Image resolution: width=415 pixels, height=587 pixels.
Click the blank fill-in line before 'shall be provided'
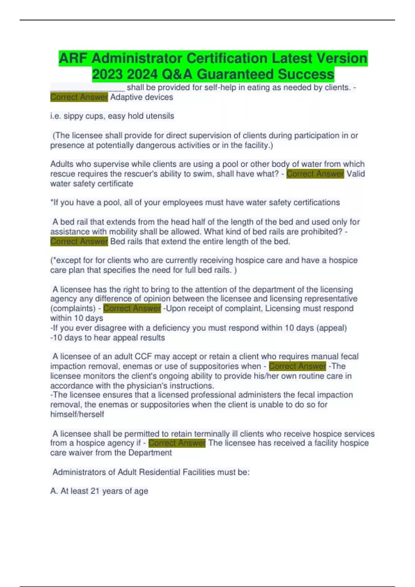(87, 88)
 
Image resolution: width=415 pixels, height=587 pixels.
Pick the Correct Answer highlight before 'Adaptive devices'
(79, 97)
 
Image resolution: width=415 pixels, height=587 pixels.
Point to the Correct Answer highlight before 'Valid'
(315, 174)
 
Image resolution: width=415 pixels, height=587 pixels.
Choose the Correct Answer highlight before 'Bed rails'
(79, 241)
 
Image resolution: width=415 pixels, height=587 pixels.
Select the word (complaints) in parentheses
(73, 308)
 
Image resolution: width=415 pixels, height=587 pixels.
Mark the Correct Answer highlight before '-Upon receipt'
(132, 308)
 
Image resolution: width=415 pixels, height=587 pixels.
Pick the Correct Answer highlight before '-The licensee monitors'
(297, 366)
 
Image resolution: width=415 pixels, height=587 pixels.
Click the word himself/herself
(77, 414)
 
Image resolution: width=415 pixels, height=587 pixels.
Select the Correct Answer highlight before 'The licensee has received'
(177, 443)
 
